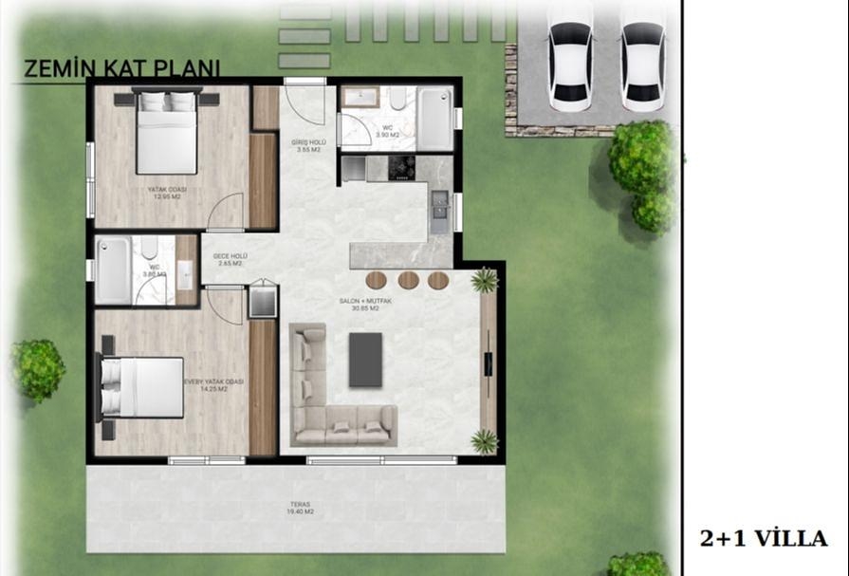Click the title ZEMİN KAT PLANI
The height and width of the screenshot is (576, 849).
pyautogui.click(x=120, y=69)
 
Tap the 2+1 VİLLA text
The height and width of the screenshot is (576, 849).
pyautogui.click(x=764, y=538)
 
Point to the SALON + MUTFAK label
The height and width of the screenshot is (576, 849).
pyautogui.click(x=360, y=305)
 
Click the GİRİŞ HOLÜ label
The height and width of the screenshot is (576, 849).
pyautogui.click(x=309, y=145)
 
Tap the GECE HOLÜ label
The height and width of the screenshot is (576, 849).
pyautogui.click(x=230, y=259)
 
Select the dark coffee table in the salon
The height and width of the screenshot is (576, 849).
pyautogui.click(x=365, y=360)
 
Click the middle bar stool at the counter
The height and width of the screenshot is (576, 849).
pyautogui.click(x=408, y=280)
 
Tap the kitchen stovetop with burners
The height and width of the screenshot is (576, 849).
pyautogui.click(x=402, y=167)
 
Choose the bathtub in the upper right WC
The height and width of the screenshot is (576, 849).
pyautogui.click(x=436, y=119)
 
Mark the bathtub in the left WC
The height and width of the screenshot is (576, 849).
pyautogui.click(x=114, y=271)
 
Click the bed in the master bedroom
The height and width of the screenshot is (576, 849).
pyautogui.click(x=143, y=387)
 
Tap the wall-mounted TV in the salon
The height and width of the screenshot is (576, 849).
pyautogui.click(x=488, y=364)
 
